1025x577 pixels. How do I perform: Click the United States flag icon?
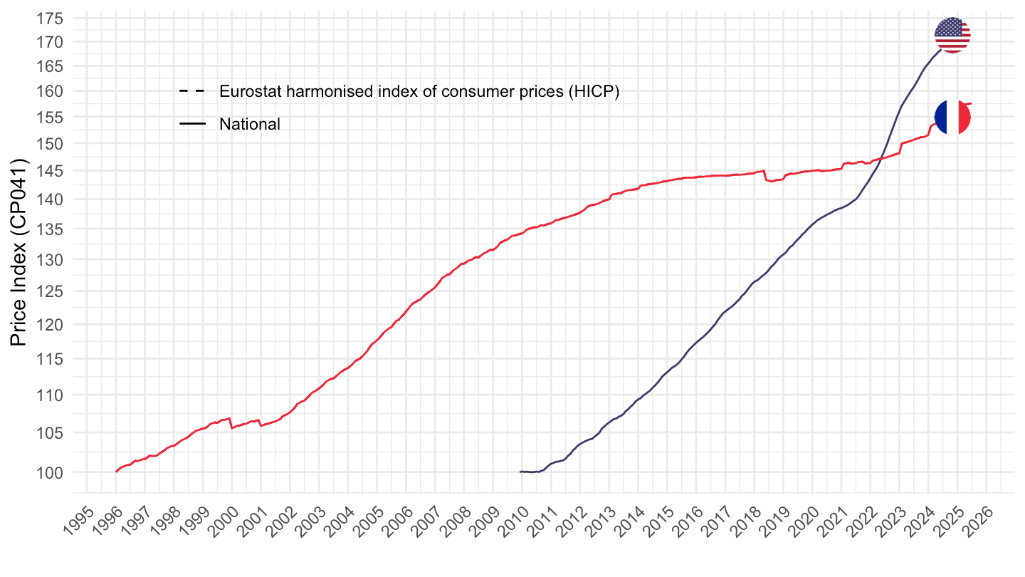pyautogui.click(x=952, y=34)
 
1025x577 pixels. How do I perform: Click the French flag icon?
pyautogui.click(x=952, y=117)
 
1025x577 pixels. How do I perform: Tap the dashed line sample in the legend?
pyautogui.click(x=192, y=91)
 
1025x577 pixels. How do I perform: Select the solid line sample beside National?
pyautogui.click(x=192, y=124)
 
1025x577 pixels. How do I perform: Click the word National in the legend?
pyautogui.click(x=250, y=124)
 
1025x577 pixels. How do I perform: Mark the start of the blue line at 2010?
pyautogui.click(x=521, y=472)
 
